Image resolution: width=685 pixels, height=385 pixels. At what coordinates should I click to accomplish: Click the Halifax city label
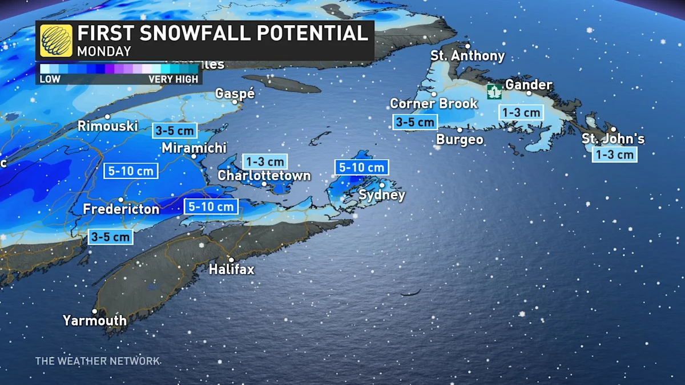click(x=231, y=269)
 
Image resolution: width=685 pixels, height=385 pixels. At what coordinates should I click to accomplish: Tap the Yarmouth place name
click(x=95, y=321)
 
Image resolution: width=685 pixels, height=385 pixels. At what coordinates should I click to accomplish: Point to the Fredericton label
click(x=121, y=209)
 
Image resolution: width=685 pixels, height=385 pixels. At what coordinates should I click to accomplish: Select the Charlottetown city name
click(x=264, y=175)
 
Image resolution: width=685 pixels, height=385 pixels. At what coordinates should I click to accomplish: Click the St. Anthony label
click(x=468, y=56)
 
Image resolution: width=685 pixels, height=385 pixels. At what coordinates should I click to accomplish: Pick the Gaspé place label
click(x=235, y=94)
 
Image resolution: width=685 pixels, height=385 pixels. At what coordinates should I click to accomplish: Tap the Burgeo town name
click(x=460, y=140)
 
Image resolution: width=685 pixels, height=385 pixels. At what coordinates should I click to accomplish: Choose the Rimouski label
click(x=108, y=126)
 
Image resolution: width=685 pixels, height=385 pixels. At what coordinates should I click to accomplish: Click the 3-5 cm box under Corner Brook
click(x=415, y=122)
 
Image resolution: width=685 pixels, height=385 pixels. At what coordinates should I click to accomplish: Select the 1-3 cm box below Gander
click(x=521, y=112)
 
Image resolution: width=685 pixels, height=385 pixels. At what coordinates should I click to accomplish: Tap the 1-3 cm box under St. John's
click(x=614, y=155)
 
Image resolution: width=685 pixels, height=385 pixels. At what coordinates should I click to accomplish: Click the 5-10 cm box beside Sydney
click(x=361, y=168)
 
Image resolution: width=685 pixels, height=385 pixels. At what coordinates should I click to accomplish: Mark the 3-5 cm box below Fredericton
click(x=111, y=237)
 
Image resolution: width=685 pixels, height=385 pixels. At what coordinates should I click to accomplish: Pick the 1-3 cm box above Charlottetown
click(x=264, y=161)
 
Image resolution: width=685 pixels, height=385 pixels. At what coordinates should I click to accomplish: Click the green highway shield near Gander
click(x=494, y=91)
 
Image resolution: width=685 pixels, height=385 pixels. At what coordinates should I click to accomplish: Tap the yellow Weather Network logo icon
click(x=56, y=40)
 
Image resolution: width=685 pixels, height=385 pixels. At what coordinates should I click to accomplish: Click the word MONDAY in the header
click(x=104, y=51)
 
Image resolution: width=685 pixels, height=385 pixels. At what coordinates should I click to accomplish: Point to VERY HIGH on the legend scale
click(x=174, y=79)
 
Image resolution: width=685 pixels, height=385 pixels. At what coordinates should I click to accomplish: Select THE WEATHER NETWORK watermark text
click(x=98, y=361)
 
